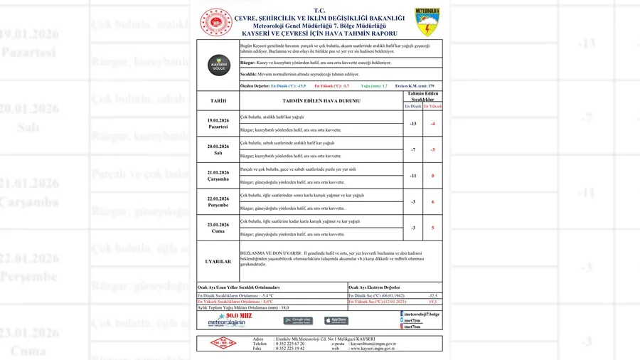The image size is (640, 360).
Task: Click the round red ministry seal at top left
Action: (215, 23)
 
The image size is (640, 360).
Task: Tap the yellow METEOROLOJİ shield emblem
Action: (427, 22)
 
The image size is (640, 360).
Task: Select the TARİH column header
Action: (218, 101)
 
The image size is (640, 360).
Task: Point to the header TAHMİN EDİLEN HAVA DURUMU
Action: (321, 101)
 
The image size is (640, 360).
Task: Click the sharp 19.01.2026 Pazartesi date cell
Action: (218, 123)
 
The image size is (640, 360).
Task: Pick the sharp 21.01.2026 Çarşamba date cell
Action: (218, 176)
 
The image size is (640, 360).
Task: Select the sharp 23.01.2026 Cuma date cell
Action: (218, 228)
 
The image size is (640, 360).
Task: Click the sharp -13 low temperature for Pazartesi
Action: (413, 123)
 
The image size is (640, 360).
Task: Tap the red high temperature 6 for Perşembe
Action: (432, 202)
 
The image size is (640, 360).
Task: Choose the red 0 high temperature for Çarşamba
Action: (432, 176)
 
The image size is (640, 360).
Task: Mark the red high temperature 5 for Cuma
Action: (432, 228)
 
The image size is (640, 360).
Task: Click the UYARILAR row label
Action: (218, 262)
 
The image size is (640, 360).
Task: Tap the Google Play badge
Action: (297, 321)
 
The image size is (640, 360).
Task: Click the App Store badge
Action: (336, 321)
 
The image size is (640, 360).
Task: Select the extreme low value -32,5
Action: (432, 295)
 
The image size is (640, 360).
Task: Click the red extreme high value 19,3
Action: (432, 302)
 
